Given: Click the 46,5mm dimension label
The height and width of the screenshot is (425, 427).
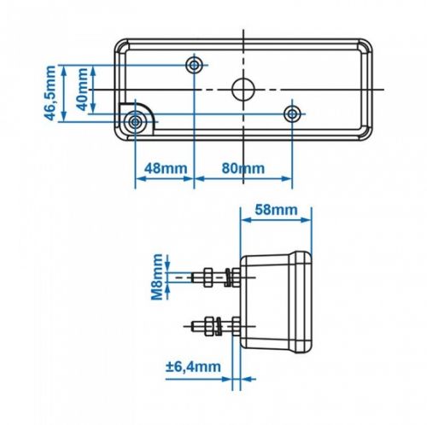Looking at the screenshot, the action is point(50,93).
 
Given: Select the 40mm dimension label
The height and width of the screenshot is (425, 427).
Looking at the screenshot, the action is point(83,90).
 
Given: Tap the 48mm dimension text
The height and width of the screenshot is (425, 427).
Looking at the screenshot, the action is point(166,169).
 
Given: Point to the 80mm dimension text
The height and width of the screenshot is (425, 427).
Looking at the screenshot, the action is point(243,168).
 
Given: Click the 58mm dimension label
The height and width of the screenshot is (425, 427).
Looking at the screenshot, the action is point(276,210).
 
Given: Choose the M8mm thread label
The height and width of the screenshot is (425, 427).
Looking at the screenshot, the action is point(157,277).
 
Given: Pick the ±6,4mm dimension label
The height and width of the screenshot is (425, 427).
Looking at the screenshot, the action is point(193,367).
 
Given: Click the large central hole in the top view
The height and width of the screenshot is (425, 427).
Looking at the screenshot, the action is point(243,90).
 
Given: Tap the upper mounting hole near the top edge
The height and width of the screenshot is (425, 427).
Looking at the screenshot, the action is point(194,65).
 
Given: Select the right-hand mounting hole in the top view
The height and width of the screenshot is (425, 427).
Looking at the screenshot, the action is point(292,114).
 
